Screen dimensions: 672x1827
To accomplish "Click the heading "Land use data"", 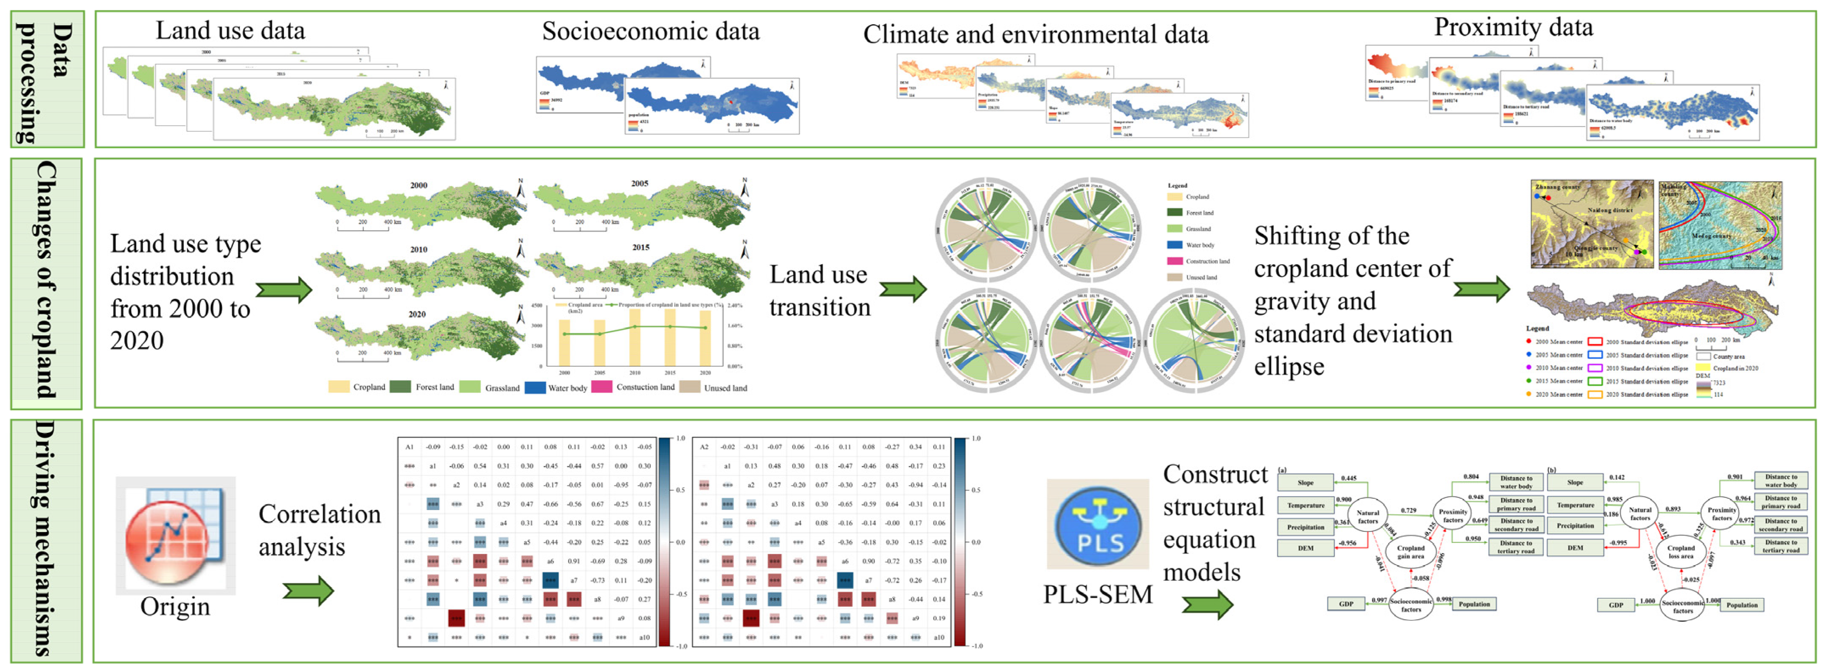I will coord(230,31).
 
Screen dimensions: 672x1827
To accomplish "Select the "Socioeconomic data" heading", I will coord(650,31).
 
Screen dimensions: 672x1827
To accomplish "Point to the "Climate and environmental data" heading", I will coord(1035,34).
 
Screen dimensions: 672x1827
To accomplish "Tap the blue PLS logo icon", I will coord(1098,525).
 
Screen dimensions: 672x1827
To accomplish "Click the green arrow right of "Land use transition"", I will coord(903,289).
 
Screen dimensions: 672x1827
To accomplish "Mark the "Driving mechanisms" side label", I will coord(47,539).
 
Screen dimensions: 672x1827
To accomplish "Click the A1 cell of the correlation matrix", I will coord(409,447).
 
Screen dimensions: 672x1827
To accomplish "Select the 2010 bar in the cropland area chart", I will coord(635,337).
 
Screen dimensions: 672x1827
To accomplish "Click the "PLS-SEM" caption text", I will coord(1097,594).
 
